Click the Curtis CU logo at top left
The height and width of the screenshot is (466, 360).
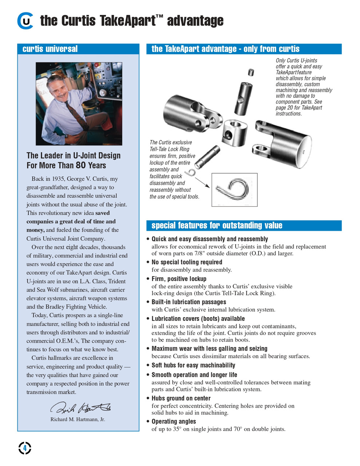pyautogui.click(x=25, y=21)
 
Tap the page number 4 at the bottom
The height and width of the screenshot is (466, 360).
pyautogui.click(x=25, y=448)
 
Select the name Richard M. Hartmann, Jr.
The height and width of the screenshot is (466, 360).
pyautogui.click(x=78, y=419)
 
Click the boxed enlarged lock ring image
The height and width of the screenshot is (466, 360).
pyautogui.click(x=234, y=190)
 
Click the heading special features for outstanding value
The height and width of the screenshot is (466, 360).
pyautogui.click(x=217, y=225)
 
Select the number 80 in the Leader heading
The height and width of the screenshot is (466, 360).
pyautogui.click(x=81, y=165)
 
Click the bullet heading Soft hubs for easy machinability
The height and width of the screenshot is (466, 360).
pyautogui.click(x=193, y=365)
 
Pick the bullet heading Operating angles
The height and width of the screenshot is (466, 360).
pyautogui.click(x=174, y=421)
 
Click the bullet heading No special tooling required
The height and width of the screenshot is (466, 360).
pyautogui.click(x=187, y=262)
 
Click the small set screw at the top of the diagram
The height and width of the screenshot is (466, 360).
pyautogui.click(x=251, y=72)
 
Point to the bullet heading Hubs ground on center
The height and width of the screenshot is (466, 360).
pyautogui.click(x=181, y=398)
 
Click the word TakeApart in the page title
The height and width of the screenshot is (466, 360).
pyautogui.click(x=127, y=21)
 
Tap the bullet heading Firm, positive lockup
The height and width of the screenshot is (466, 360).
pyautogui.click(x=179, y=279)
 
